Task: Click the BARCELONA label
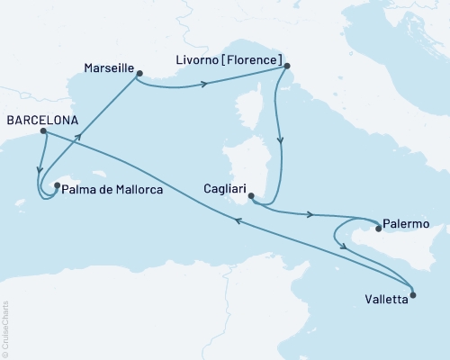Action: click(40, 119)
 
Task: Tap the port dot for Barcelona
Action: click(42, 131)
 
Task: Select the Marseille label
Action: click(108, 68)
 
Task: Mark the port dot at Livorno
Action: click(285, 65)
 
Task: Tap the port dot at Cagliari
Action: click(251, 195)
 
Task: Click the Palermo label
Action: click(406, 222)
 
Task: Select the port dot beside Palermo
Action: click(379, 229)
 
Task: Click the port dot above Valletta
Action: click(413, 293)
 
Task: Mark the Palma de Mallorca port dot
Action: click(57, 186)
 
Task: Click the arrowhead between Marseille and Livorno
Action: click(204, 85)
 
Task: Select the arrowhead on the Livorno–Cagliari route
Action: click(282, 140)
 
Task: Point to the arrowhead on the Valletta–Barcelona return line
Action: click(238, 229)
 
